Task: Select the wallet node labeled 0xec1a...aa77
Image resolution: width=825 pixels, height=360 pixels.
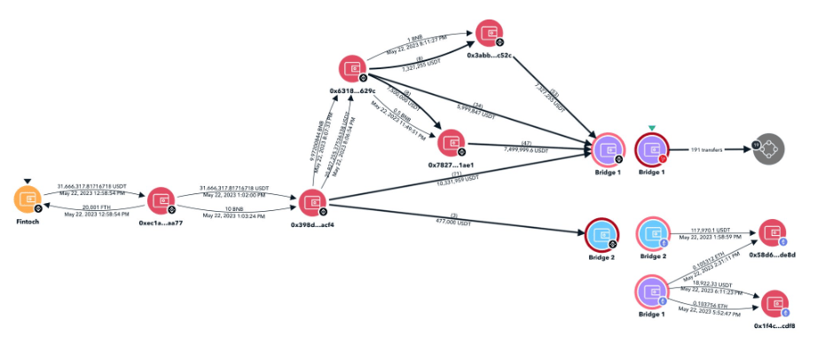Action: pos(160,201)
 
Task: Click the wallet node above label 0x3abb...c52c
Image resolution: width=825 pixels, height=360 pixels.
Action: pos(487,32)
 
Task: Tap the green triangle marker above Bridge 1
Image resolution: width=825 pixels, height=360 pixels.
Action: pos(653,129)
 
